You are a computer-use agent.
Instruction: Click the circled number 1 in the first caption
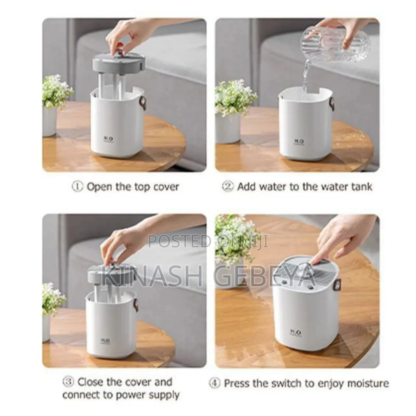[77, 187]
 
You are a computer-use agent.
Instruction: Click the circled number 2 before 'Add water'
[227, 187]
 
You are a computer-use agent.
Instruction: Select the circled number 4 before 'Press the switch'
[214, 383]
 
